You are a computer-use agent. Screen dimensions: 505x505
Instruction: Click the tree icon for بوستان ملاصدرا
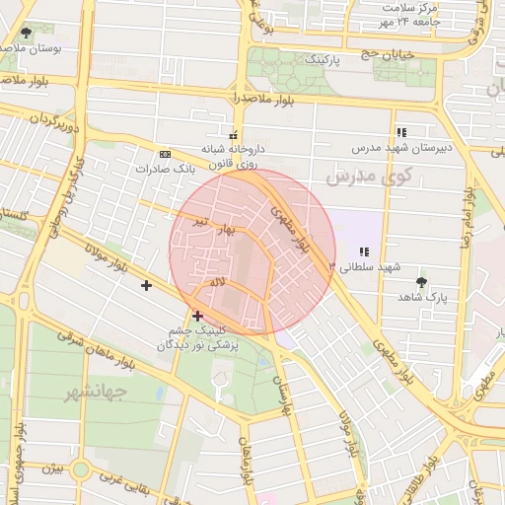point(26,33)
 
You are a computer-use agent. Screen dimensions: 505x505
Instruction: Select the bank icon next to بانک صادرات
point(164,154)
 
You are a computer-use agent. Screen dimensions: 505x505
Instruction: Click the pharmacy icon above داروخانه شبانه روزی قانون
point(234,135)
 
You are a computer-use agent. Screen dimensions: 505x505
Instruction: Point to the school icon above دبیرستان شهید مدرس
point(400,132)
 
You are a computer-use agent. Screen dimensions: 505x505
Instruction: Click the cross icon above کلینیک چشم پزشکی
point(198,316)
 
